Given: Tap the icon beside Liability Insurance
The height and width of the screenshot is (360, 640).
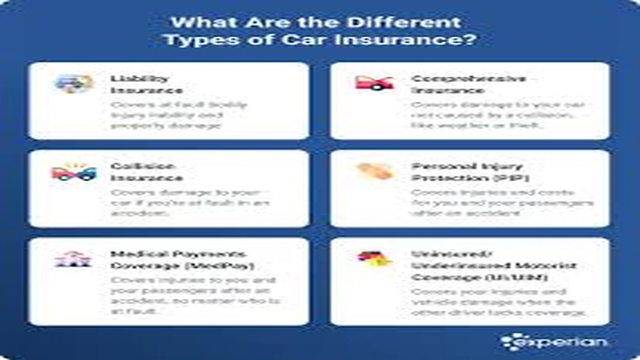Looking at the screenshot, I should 74,83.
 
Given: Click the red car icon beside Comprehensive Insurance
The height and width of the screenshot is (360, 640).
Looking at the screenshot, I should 374,83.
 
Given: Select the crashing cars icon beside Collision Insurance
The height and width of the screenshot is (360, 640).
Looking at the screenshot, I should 74,172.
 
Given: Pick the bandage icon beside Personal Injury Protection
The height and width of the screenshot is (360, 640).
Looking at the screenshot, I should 374,171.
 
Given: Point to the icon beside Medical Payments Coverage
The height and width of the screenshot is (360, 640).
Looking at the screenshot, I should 74,259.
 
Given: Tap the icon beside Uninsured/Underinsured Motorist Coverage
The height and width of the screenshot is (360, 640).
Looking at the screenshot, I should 374,259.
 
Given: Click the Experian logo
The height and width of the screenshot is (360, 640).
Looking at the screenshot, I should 555,341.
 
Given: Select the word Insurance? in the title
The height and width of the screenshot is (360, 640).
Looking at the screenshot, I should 423,40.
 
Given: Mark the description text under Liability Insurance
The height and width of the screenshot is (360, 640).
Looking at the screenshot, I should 179,115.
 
